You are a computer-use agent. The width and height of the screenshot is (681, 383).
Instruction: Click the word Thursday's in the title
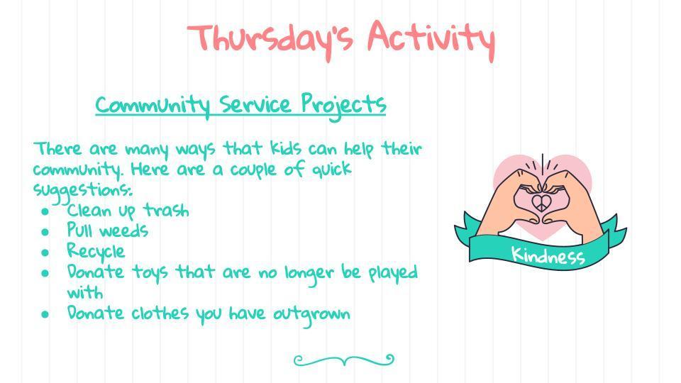[270, 40]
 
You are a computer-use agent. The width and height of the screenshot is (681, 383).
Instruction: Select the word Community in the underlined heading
[153, 105]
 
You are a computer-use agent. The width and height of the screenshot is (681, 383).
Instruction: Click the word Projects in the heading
[343, 105]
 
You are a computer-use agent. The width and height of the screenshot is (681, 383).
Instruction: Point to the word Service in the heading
[255, 105]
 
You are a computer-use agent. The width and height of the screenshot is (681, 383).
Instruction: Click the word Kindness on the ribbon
[548, 255]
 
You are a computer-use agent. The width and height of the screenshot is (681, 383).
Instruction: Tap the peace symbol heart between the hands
[541, 202]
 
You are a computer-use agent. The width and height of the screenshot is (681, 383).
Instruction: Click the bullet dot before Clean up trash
[45, 211]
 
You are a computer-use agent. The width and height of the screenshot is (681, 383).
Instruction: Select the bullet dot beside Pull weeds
[45, 232]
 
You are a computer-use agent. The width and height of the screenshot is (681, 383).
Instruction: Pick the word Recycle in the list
[96, 251]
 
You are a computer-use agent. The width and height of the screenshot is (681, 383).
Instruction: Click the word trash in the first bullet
[166, 210]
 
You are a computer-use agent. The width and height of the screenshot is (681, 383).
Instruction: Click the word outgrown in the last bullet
[311, 314]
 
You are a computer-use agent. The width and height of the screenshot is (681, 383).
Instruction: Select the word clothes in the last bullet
[160, 313]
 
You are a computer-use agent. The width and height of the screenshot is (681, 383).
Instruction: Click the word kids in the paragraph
[286, 148]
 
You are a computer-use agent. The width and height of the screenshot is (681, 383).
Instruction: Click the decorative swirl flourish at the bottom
[344, 360]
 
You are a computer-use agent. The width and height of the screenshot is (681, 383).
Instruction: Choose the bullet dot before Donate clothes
[45, 314]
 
